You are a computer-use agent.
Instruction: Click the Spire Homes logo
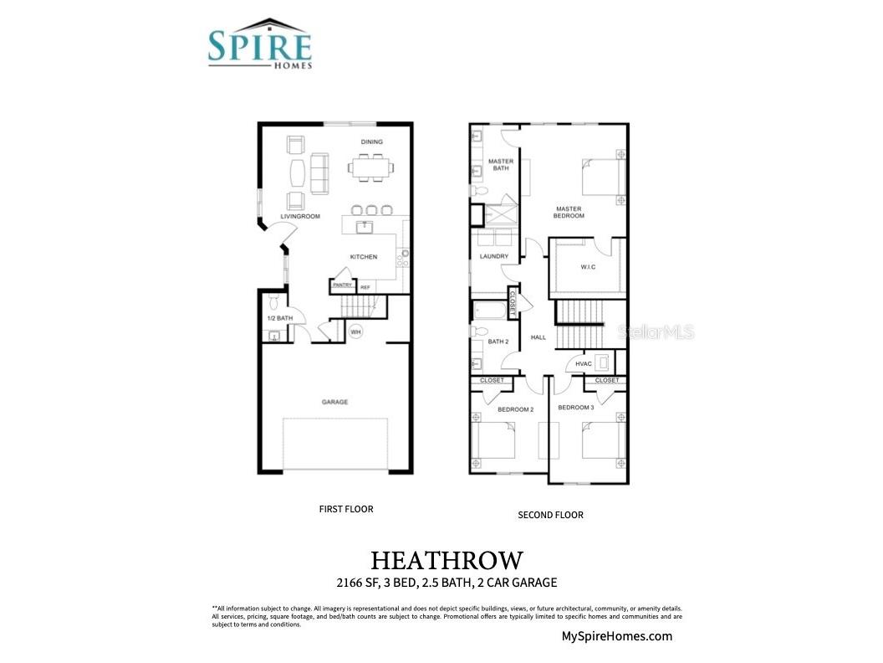[259, 45]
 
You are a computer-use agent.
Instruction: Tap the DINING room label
[371, 142]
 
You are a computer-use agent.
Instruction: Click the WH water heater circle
[355, 331]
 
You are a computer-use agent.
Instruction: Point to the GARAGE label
[334, 402]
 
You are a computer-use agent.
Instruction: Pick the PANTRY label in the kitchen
[342, 285]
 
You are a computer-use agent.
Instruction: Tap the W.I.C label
[588, 268]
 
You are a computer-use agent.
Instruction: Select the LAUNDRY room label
[494, 257]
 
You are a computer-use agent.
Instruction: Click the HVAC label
[584, 363]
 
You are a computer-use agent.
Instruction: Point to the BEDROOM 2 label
[515, 409]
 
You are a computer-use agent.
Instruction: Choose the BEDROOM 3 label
[576, 408]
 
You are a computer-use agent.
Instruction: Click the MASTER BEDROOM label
[569, 213]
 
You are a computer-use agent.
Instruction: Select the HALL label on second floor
[538, 337]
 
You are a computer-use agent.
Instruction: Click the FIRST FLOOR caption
[346, 508]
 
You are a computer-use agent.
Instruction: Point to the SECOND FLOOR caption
[550, 515]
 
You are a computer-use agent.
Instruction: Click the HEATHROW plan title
[447, 559]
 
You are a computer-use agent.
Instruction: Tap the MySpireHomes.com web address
[616, 636]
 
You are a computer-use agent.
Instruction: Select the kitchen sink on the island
[365, 226]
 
